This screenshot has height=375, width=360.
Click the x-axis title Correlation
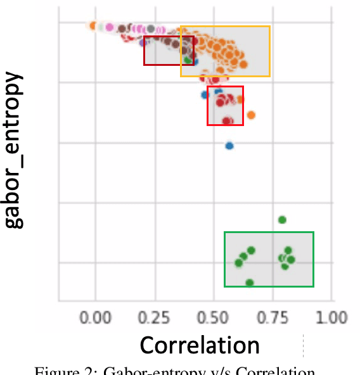(x=200, y=345)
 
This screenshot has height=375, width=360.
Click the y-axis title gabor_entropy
(x=14, y=150)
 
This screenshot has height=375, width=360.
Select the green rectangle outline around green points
(x=269, y=232)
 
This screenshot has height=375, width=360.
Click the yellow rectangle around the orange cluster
(x=225, y=27)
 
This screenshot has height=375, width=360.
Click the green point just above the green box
(x=282, y=220)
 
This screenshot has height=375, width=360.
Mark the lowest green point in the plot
(x=249, y=283)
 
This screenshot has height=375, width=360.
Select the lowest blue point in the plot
(x=229, y=146)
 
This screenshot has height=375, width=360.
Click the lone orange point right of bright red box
(x=251, y=115)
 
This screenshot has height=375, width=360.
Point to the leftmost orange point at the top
(x=93, y=26)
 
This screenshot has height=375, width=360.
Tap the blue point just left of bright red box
(x=205, y=95)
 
